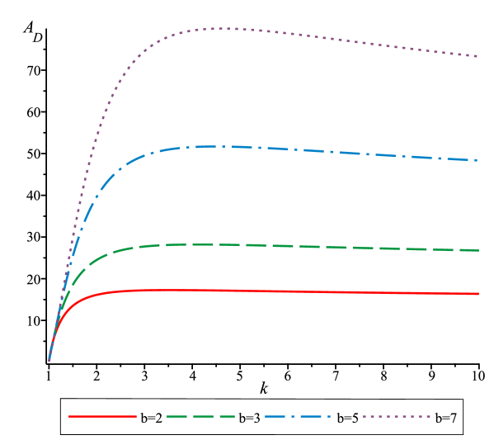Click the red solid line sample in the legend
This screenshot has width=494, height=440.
tap(102, 417)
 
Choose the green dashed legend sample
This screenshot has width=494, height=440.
tap(201, 417)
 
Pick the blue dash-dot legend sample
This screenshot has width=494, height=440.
tap(298, 417)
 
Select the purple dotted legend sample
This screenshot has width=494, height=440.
tap(397, 417)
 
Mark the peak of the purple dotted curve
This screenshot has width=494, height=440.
tap(224, 28)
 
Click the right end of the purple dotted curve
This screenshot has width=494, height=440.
tap(478, 56)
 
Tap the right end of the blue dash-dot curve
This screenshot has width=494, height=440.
tap(478, 160)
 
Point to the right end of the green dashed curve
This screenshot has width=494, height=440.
tap(478, 250)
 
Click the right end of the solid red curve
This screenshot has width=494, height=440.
tap(478, 294)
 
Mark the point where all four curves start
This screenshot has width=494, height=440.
tap(49, 361)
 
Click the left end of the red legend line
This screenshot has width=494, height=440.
tap(69, 417)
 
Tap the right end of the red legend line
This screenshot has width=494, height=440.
tap(136, 417)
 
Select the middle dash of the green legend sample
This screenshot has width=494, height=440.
tap(201, 417)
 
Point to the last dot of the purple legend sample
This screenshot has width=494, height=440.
tap(429, 417)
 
